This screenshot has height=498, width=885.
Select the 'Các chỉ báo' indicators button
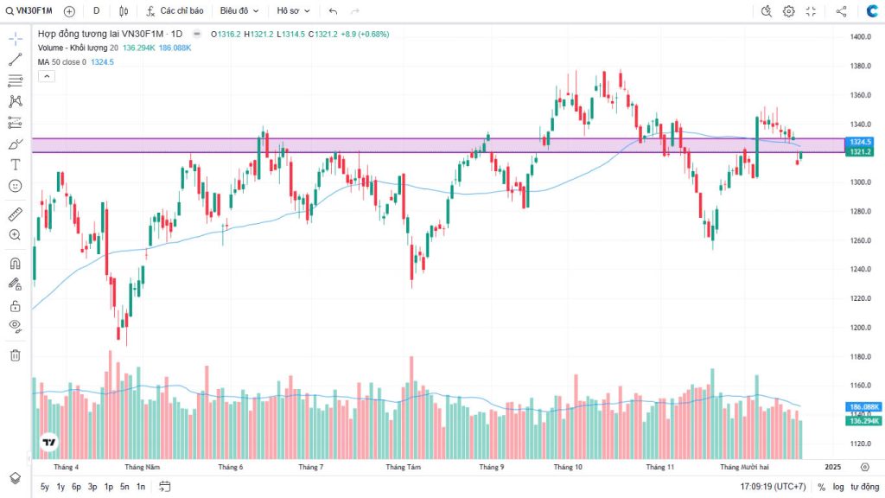click(x=175, y=11)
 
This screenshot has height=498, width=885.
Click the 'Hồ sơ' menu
click(x=292, y=11)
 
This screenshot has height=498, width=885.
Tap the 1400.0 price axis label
click(x=859, y=37)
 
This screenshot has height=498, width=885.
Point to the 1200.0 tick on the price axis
click(x=859, y=328)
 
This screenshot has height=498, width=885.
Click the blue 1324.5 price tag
click(x=860, y=142)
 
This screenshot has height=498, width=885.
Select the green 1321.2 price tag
click(x=860, y=152)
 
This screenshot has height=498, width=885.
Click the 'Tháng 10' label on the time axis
click(x=568, y=467)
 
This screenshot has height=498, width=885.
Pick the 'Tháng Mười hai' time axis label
click(x=744, y=467)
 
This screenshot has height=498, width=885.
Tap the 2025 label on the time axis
click(x=832, y=467)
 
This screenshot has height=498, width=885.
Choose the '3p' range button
click(x=92, y=487)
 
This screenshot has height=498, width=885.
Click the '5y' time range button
click(x=45, y=487)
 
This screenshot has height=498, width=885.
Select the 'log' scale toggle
click(x=838, y=487)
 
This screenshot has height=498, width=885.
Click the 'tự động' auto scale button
click(x=864, y=487)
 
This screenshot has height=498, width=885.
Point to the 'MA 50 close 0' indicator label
click(x=61, y=62)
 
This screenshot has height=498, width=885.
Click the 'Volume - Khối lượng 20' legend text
click(x=78, y=48)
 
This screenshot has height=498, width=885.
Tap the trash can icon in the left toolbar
click(x=15, y=354)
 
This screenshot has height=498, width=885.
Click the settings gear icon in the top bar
click(x=788, y=11)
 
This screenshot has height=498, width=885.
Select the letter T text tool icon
click(x=15, y=164)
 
